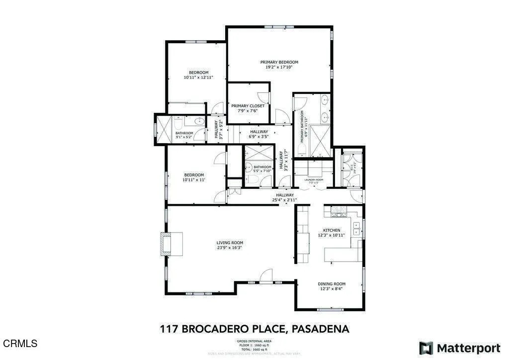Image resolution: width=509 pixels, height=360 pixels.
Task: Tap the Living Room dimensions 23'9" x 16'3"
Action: [x=230, y=248]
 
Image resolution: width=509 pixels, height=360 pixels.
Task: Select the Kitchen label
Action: [x=332, y=230]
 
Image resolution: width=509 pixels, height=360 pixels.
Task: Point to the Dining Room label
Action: [x=332, y=284]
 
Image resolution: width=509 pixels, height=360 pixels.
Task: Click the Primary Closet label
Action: [x=248, y=106]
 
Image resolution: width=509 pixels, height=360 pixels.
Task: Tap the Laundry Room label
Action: [x=314, y=180]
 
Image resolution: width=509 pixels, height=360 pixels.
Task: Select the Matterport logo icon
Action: [x=425, y=347]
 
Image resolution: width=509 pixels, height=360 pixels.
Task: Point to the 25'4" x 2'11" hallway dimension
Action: [x=284, y=200]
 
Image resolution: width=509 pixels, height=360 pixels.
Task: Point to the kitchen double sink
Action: [x=356, y=228]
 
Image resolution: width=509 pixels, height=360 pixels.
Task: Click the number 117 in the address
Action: [x=170, y=329]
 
